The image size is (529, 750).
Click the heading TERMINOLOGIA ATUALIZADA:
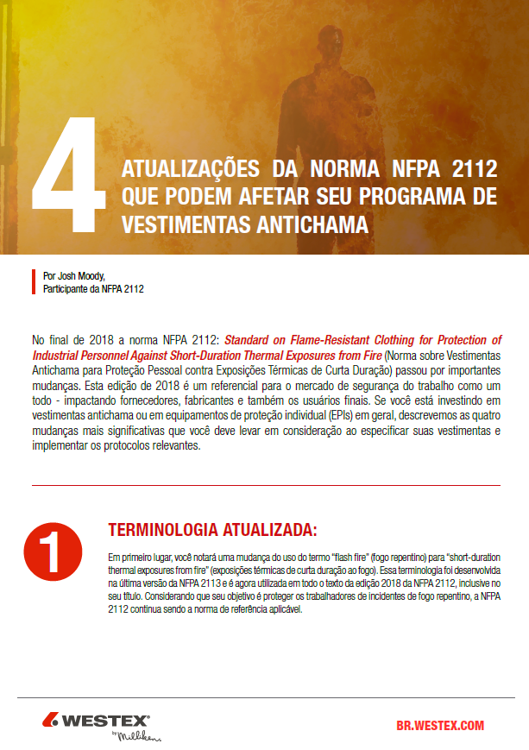coord(211,528)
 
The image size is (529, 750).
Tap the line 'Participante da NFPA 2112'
coord(93,289)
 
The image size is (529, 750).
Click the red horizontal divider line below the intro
coord(266,486)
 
